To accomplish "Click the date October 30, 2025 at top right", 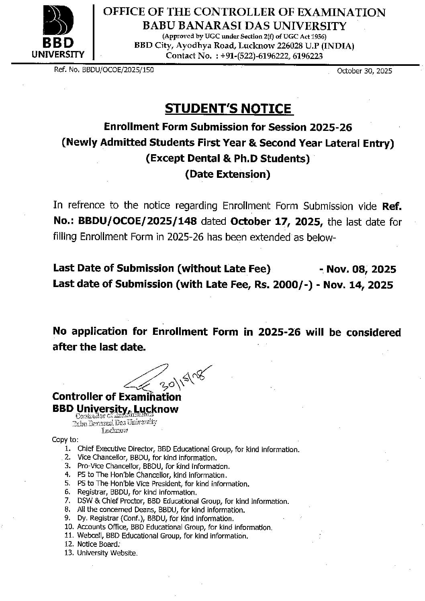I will click(364, 71).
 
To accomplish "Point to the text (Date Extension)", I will click(227, 174).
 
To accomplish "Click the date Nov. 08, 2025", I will click(361, 269).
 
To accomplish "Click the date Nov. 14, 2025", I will click(358, 285).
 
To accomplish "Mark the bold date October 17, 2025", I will click(277, 222).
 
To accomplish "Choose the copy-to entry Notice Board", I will click(98, 544).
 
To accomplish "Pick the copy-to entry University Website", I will click(107, 553).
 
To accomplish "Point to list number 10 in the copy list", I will click(69, 527).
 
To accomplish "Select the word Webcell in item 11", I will click(88, 536).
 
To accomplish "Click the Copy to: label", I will click(65, 440).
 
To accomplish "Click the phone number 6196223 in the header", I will click(308, 56).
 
